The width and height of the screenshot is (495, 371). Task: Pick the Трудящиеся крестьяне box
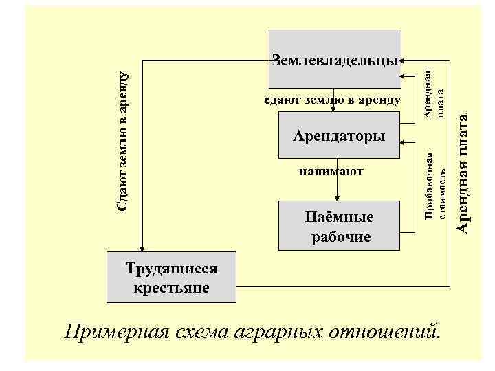pos(171,278)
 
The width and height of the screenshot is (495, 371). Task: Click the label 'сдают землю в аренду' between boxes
pos(332,100)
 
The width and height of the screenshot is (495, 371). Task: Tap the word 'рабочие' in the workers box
pos(340,237)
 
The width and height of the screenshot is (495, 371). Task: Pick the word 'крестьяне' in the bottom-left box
pos(171,287)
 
